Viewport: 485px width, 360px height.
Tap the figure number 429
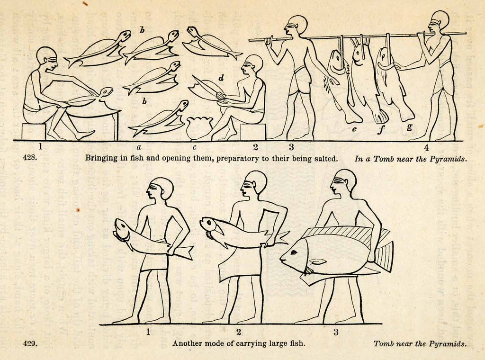click(30, 343)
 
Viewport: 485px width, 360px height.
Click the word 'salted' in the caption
click(325, 158)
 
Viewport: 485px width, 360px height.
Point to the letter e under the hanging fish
click(354, 129)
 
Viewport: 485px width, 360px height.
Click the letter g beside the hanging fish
click(409, 126)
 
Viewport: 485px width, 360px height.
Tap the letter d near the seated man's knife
click(221, 78)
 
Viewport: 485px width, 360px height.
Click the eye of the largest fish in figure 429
click(294, 252)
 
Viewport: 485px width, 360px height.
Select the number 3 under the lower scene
click(336, 333)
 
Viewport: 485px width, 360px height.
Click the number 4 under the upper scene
click(427, 147)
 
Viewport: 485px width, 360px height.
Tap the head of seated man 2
click(252, 66)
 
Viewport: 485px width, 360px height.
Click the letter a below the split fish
click(139, 147)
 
